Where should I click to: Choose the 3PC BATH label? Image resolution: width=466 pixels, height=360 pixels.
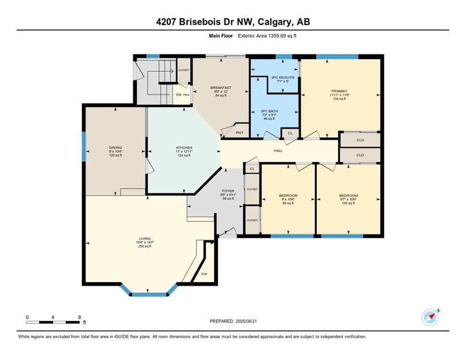(270, 111)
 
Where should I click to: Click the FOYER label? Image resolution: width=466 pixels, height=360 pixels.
(228, 191)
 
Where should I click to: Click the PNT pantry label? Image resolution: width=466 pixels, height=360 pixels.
(240, 133)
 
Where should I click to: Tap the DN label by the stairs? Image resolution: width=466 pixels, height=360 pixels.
(178, 95)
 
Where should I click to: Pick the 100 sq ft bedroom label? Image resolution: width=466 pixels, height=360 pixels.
(348, 195)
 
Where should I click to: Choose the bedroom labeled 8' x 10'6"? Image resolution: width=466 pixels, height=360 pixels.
(288, 195)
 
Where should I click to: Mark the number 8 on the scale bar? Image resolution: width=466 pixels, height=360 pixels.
(79, 317)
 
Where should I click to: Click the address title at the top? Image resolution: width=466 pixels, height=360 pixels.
(233, 22)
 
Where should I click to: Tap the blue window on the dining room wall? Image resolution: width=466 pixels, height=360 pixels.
(84, 147)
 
